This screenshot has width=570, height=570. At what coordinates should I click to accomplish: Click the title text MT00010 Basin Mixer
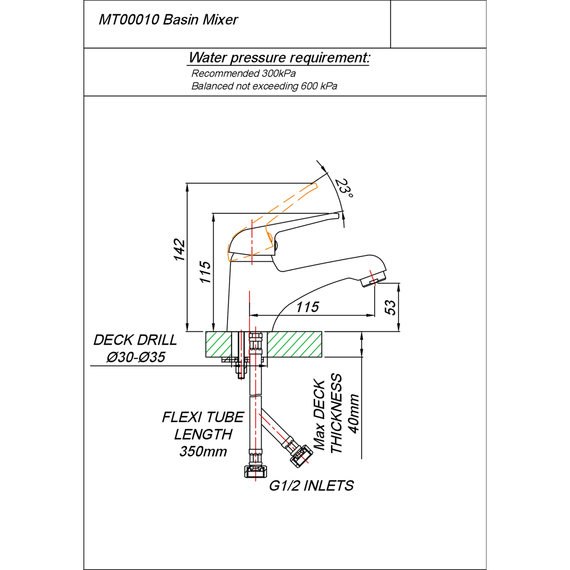[x=168, y=20]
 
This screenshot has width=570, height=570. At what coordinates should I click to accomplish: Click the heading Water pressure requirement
[x=279, y=58]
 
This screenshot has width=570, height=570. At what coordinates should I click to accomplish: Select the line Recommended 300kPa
[x=243, y=73]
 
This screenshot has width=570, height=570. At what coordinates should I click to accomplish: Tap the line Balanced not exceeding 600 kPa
[x=264, y=86]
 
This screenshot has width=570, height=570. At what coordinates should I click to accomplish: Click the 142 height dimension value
[x=179, y=250]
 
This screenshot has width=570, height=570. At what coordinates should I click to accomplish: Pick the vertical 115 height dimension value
[x=205, y=272]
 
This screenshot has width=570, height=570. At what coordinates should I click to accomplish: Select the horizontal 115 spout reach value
[x=308, y=307]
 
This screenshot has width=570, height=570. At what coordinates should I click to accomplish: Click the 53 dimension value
[x=390, y=308]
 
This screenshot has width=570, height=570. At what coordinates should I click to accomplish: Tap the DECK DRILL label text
[x=135, y=340]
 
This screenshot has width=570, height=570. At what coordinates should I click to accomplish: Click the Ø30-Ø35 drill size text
[x=136, y=357]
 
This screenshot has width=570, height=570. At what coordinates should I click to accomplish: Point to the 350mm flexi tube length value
[x=203, y=451]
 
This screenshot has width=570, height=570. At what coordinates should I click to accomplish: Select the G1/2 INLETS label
[x=311, y=486]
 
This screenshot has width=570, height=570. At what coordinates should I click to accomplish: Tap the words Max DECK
[x=319, y=415]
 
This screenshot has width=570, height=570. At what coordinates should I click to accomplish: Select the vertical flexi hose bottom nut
[x=255, y=471]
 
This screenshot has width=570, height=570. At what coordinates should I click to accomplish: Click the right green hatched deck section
[x=295, y=344]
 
